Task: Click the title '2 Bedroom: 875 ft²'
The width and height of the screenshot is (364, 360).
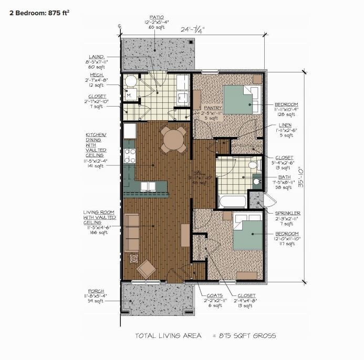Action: pyautogui.click(x=40, y=14)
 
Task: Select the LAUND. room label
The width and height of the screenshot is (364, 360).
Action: pyautogui.click(x=96, y=57)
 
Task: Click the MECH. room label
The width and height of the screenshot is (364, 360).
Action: pyautogui.click(x=96, y=76)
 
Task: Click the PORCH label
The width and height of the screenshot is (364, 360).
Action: pyautogui.click(x=96, y=291)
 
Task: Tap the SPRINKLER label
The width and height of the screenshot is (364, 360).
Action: pyautogui.click(x=288, y=213)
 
